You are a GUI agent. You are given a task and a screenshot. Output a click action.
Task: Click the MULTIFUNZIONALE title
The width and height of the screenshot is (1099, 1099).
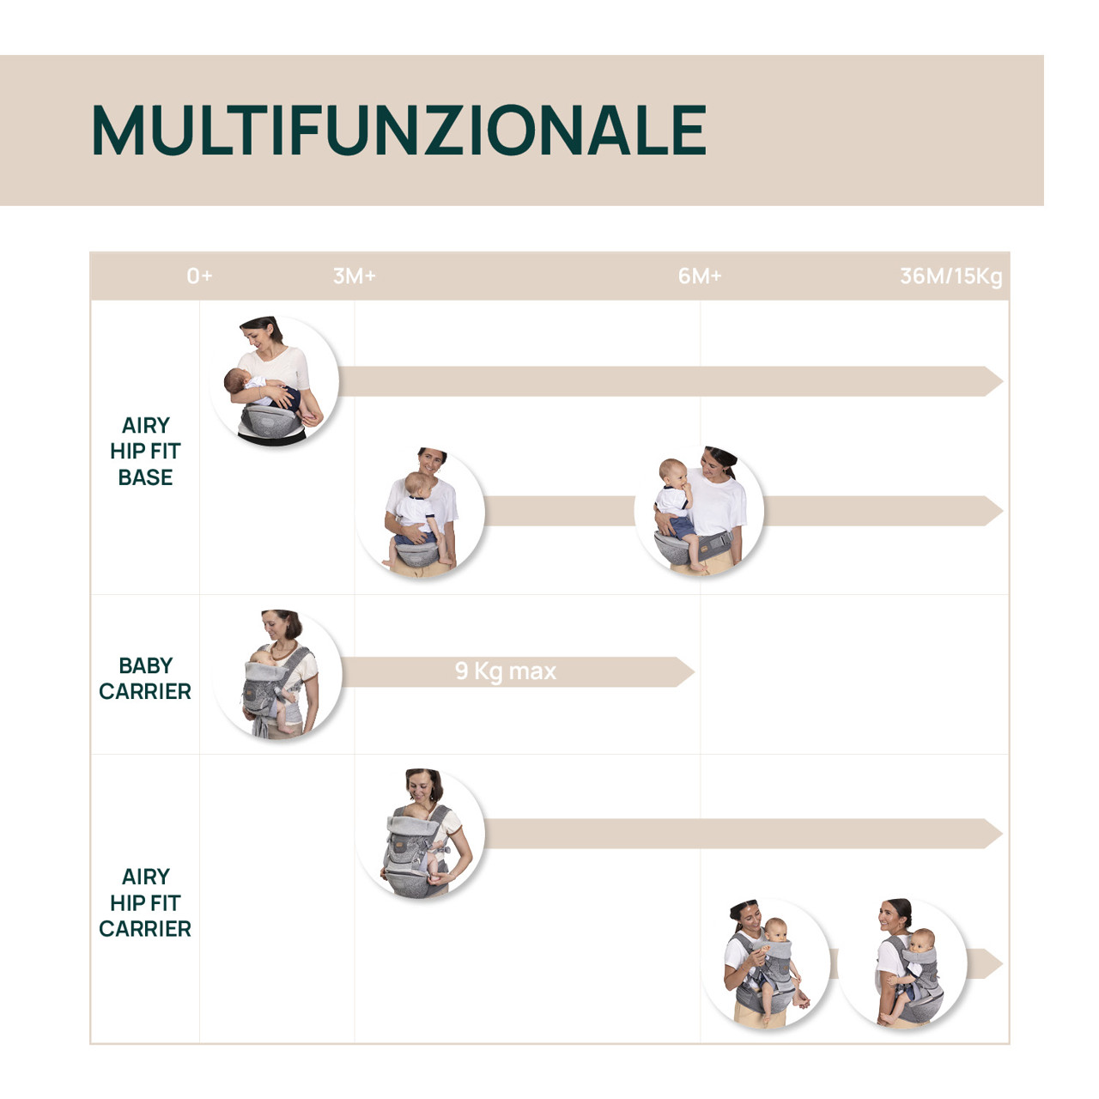398,131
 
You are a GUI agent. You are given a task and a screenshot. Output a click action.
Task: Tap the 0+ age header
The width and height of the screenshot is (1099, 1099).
199,276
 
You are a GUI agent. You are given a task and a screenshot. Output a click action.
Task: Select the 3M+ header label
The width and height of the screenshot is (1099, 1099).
354,276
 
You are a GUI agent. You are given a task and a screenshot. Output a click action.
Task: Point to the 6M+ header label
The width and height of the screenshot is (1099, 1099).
699,276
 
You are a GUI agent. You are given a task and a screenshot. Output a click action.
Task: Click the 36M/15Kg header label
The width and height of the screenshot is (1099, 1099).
950,276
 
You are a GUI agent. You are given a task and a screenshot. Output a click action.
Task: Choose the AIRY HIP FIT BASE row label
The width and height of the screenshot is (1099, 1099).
145,451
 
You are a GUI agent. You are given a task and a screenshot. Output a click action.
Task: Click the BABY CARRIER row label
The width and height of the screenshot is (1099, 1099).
145,678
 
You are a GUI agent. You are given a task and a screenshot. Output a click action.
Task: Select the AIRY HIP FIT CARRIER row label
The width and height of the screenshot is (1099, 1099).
145,902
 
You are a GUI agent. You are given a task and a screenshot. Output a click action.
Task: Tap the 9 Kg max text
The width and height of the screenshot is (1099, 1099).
506,671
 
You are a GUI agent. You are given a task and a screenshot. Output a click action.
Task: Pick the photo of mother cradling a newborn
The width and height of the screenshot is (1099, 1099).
274,380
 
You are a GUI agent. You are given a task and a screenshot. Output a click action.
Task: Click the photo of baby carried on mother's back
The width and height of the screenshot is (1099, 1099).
902,963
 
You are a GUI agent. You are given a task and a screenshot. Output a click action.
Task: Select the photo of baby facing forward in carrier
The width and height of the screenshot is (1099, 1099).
767,963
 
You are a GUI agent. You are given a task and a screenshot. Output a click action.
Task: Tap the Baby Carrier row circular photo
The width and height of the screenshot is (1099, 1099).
277,675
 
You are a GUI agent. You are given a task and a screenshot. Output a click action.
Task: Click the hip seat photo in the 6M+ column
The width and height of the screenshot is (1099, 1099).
699,511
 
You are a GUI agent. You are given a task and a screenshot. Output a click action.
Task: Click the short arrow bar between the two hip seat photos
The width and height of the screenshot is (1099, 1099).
560,511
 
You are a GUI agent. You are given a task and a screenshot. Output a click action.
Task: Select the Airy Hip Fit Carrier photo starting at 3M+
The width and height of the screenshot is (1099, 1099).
421,834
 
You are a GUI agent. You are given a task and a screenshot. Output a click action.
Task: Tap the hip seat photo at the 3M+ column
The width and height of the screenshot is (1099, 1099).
421,512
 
